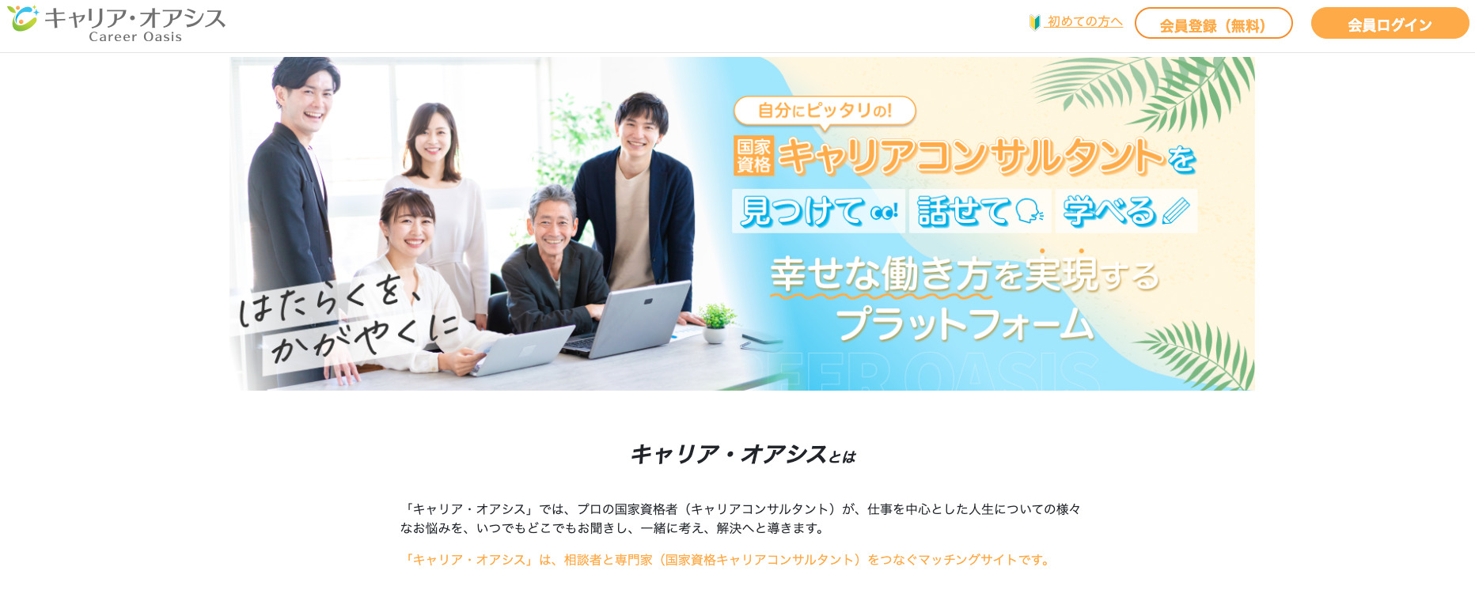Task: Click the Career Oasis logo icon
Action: (x=22, y=17)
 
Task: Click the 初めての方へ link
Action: (x=1084, y=22)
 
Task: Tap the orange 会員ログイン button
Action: (x=1390, y=23)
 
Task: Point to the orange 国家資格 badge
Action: (x=753, y=156)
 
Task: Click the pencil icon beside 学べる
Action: (x=1176, y=211)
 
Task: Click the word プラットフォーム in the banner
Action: (x=965, y=323)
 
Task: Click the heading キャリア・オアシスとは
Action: (x=743, y=454)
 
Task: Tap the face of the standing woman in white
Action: (x=432, y=138)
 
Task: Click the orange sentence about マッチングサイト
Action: (x=728, y=560)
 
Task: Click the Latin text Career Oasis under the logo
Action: (x=135, y=36)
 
